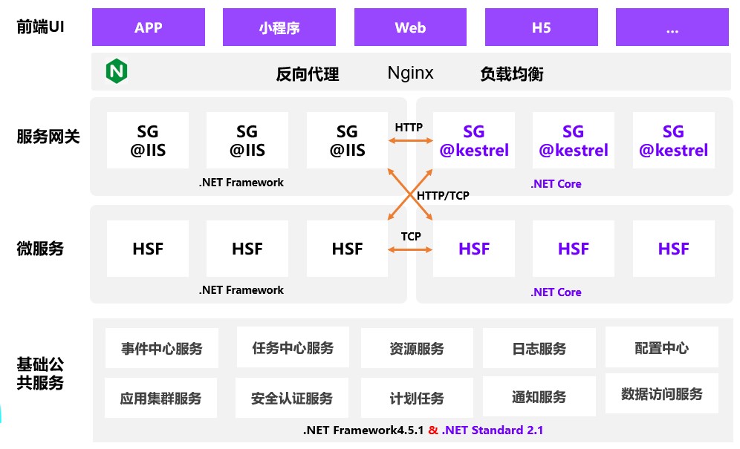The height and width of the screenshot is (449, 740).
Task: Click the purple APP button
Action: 149,28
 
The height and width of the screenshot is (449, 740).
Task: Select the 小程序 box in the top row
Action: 279,28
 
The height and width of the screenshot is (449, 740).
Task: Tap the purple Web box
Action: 410,28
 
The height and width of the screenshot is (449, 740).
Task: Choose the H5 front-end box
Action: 541,28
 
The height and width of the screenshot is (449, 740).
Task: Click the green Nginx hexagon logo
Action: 117,71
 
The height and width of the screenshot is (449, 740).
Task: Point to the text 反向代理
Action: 307,73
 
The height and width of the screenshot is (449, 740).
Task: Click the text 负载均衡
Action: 512,73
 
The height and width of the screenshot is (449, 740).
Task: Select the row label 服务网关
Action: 48,137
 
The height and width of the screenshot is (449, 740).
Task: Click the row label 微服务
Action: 40,249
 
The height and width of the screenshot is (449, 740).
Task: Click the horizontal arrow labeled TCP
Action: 409,249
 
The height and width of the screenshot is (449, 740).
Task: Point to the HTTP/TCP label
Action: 443,196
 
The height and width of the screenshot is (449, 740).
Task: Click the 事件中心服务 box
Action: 162,349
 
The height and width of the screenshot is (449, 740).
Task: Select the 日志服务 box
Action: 539,349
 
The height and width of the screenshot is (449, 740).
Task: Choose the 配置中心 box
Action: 661,347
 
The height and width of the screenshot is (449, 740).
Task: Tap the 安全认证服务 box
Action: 292,399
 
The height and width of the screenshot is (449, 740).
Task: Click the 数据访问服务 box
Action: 661,394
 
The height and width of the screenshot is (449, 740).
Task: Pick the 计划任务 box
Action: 416,399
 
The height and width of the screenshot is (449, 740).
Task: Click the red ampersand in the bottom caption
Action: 433,430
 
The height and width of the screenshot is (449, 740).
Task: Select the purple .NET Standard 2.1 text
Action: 493,430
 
